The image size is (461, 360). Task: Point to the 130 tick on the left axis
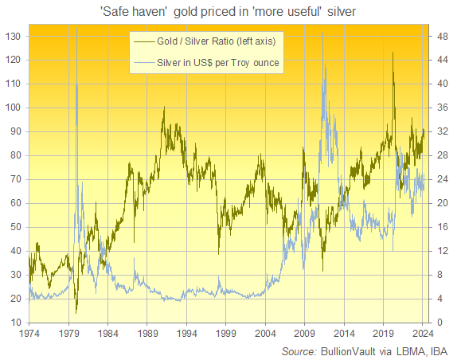[14, 36]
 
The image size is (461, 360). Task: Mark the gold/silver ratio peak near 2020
[393, 53]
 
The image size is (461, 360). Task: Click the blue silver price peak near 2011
[324, 65]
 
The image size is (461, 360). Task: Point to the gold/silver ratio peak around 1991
[163, 108]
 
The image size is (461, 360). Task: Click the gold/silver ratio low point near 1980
[76, 311]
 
